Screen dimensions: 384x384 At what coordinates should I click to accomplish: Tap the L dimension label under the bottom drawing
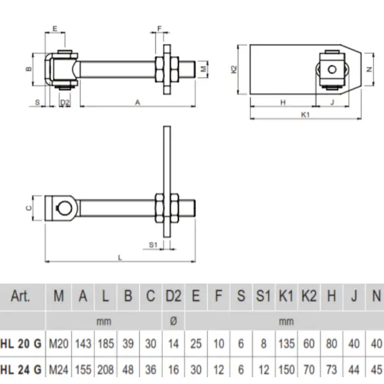click(120, 256)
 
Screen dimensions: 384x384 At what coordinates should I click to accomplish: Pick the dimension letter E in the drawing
click(54, 29)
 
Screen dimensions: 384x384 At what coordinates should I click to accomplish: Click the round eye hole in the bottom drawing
click(64, 207)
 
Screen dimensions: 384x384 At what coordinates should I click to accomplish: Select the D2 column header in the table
click(173, 296)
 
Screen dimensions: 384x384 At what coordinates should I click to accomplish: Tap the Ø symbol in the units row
click(173, 320)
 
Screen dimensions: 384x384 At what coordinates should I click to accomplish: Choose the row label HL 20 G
click(20, 344)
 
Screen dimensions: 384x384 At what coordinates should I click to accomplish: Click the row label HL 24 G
click(20, 369)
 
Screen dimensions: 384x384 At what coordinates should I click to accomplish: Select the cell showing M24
click(59, 369)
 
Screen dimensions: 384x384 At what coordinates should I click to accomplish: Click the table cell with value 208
click(105, 369)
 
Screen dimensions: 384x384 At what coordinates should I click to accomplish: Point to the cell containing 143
click(83, 344)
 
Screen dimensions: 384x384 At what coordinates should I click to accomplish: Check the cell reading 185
click(105, 344)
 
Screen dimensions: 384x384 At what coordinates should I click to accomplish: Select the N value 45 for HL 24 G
click(376, 369)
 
